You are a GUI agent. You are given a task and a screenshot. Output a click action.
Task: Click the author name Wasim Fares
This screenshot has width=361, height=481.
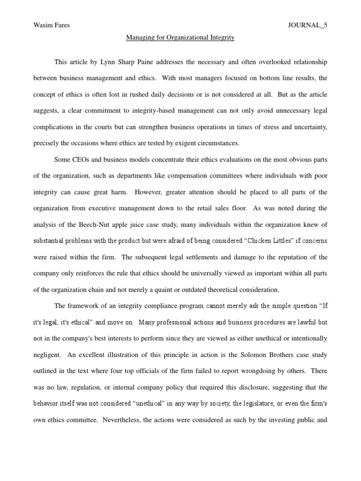tap(51, 25)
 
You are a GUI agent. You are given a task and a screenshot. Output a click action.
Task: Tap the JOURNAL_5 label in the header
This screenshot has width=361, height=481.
tap(307, 25)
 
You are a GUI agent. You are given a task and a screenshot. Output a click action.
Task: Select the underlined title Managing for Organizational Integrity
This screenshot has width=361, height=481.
tap(180, 37)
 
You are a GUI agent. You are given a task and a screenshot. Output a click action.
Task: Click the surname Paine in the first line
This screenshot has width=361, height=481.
tap(160, 62)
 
